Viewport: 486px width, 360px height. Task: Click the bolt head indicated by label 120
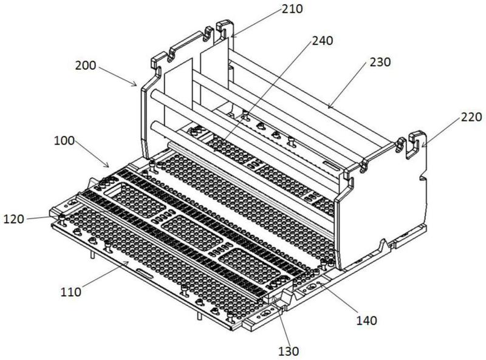(x=61, y=217)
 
